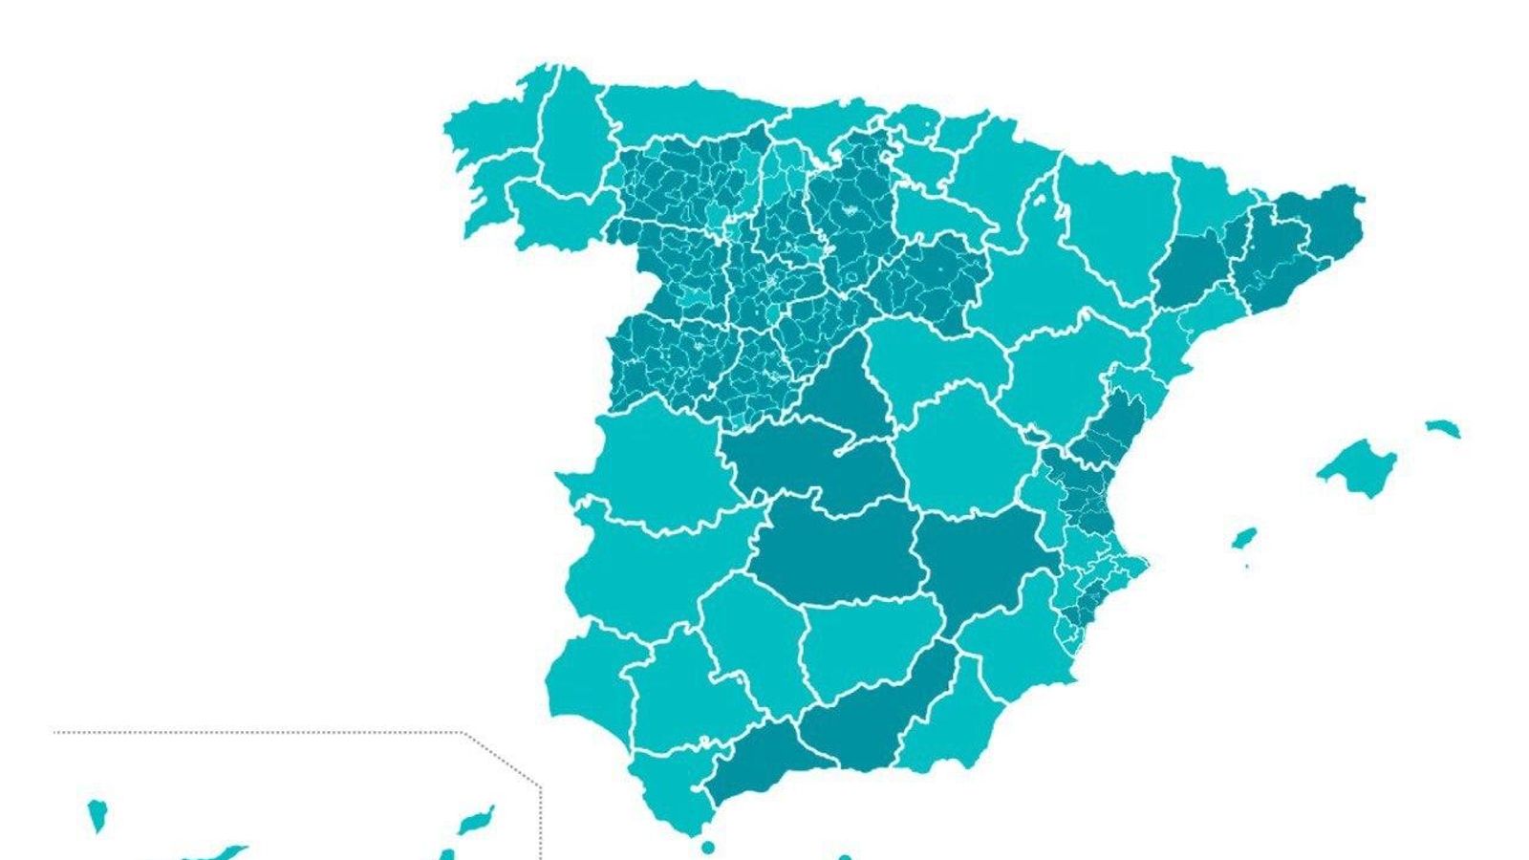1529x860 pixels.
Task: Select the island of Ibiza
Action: point(1243,538)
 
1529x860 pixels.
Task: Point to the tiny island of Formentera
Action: point(1247,566)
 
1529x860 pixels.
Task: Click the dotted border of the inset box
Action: point(258,733)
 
